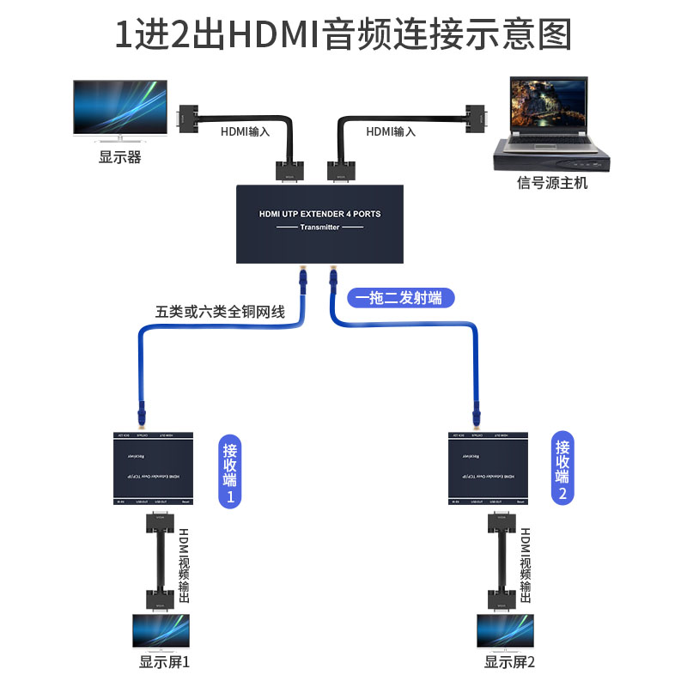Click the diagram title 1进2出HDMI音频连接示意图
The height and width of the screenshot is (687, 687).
pos(343,35)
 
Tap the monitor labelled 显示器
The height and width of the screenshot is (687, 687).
pos(120,107)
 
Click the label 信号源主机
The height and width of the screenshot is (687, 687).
pos(552,182)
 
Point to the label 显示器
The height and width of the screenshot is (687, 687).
pos(120,157)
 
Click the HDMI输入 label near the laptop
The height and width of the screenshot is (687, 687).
pos(391,131)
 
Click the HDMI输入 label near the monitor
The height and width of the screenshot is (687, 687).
pos(245,131)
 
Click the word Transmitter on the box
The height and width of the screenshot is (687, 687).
pos(320,227)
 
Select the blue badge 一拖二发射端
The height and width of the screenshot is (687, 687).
pos(400,298)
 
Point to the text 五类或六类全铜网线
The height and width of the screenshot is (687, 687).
pos(220,312)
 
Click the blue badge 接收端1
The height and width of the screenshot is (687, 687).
pos(230,471)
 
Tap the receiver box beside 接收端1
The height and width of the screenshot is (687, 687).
pos(155,468)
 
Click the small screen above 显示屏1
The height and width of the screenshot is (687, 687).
pos(161,630)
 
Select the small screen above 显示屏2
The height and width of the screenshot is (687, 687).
pos(505,630)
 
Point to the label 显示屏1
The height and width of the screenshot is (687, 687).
pos(164,662)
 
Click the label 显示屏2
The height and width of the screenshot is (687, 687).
pos(509,662)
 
